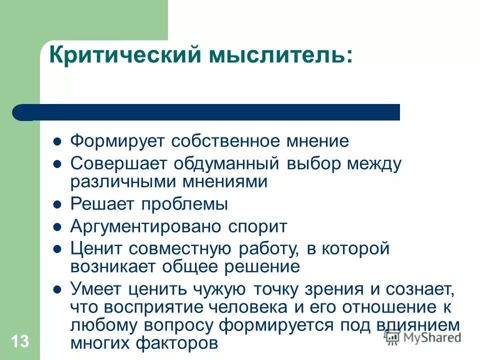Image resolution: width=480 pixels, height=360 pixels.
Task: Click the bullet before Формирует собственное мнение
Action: [x=57, y=141]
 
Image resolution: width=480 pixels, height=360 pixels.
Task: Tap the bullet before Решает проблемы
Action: [x=57, y=204]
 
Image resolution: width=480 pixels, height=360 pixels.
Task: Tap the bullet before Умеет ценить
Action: [x=57, y=289]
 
